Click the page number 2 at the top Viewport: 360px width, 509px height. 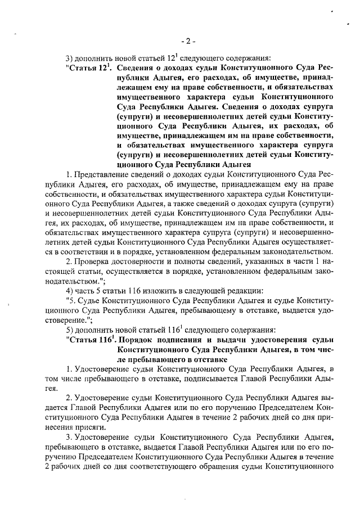pyautogui.click(x=188, y=40)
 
